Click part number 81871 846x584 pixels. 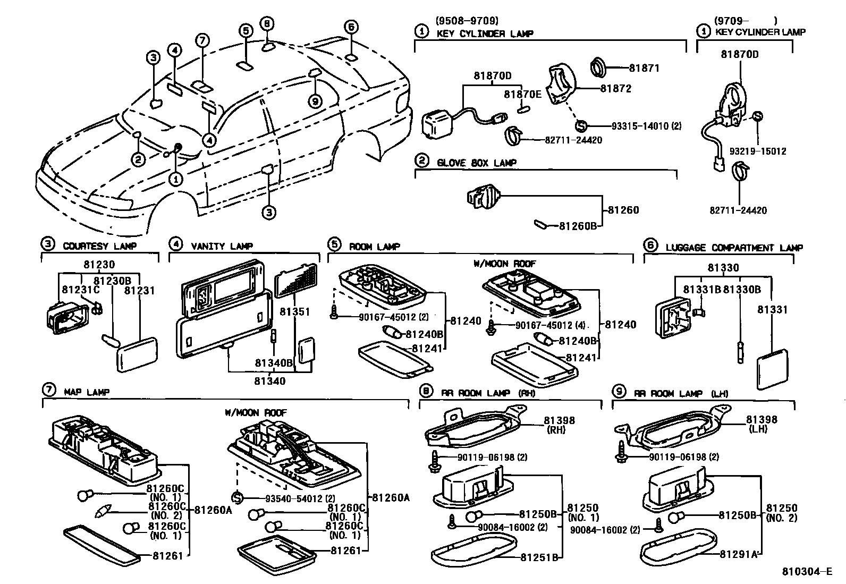(x=644, y=68)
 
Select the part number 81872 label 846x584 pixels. (x=616, y=89)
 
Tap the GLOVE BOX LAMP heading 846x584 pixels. (x=476, y=163)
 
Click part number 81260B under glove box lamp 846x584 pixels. (x=578, y=226)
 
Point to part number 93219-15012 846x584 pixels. (x=757, y=151)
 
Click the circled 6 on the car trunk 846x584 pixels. (x=350, y=27)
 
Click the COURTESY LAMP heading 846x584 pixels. (x=99, y=246)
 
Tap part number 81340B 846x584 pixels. (x=274, y=363)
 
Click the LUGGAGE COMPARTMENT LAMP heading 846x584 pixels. (x=734, y=248)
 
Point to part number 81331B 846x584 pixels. (x=701, y=290)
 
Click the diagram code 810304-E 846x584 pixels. (x=806, y=572)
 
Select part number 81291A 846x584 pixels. (x=738, y=554)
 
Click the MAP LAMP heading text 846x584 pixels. (x=87, y=392)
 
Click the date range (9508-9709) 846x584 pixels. (x=467, y=21)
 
